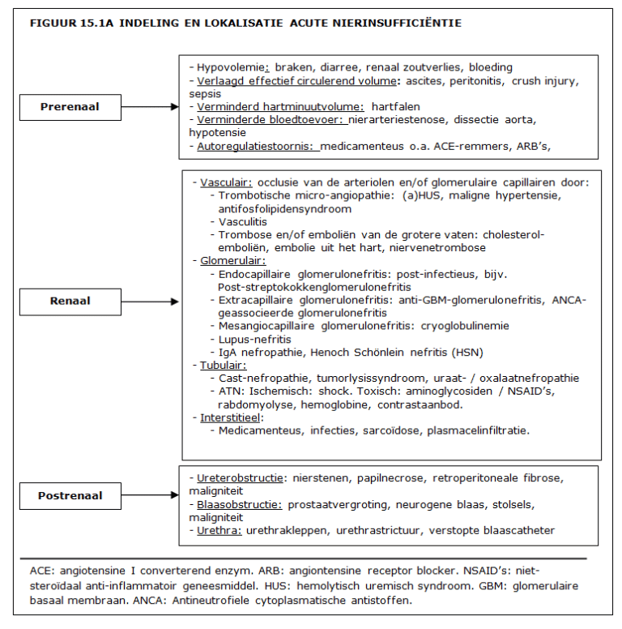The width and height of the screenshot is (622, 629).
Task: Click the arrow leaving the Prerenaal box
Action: (149, 106)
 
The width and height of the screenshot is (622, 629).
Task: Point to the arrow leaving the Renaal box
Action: (149, 302)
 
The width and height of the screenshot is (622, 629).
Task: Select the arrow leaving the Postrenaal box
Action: (149, 495)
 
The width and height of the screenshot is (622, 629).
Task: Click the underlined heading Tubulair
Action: (224, 365)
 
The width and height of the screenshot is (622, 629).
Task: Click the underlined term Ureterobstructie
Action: (240, 478)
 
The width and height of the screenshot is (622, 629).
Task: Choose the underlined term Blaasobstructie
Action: (240, 504)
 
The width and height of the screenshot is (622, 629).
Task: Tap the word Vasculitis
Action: (243, 221)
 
